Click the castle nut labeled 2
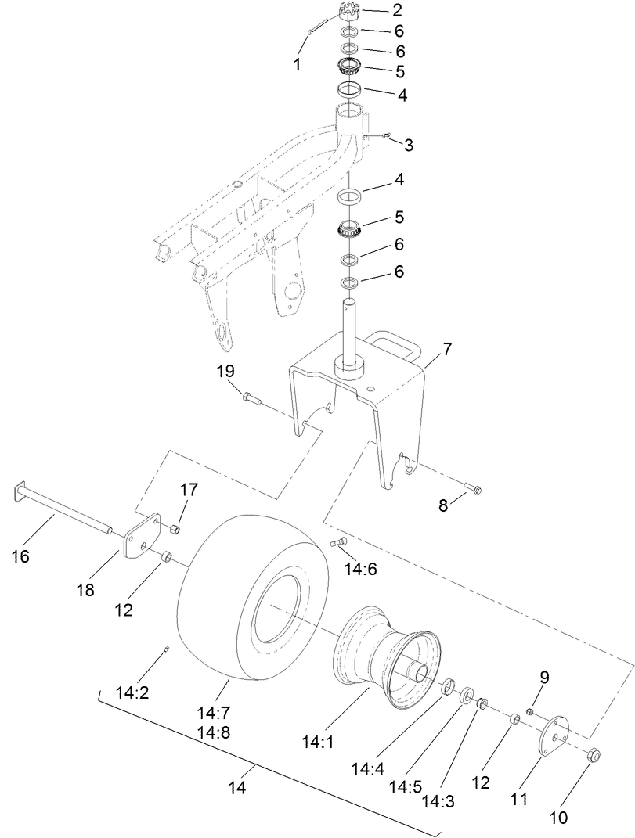(348, 11)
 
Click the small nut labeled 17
(175, 530)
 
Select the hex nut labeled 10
(593, 756)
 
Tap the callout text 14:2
(133, 692)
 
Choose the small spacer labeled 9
(530, 711)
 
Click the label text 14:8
(214, 733)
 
